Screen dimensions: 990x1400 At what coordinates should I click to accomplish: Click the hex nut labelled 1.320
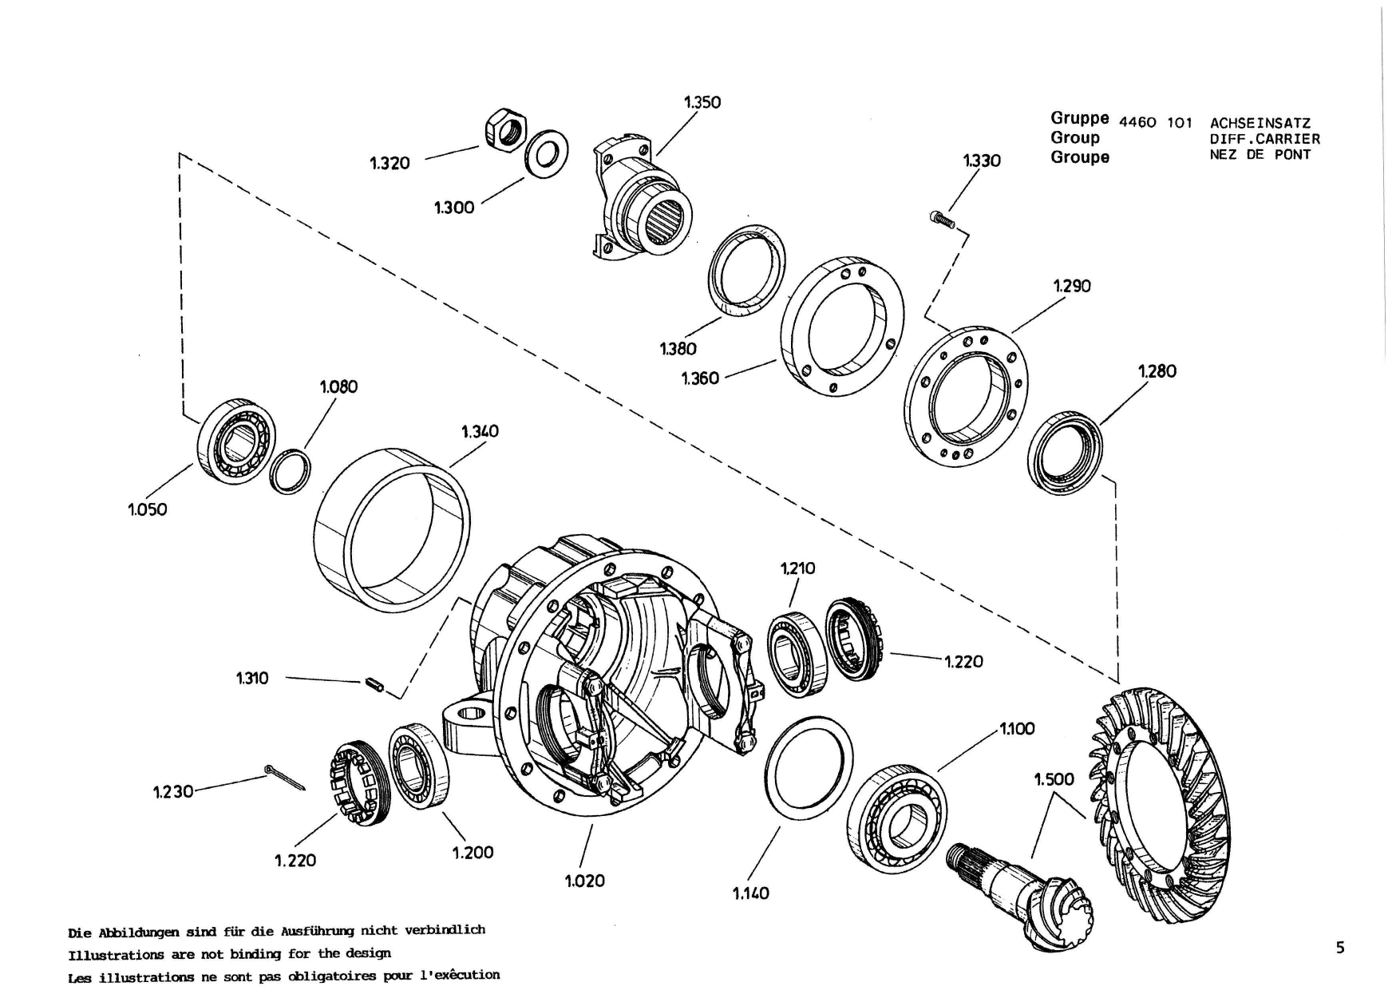pos(505,129)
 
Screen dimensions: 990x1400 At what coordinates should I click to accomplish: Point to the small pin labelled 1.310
pos(374,683)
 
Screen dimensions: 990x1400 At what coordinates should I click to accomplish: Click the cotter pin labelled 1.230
pos(284,778)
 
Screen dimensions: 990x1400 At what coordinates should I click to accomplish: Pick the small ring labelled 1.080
pos(289,472)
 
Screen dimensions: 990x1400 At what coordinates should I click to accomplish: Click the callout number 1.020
pos(585,881)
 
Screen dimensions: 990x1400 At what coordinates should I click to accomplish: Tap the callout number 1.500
pos(1054,778)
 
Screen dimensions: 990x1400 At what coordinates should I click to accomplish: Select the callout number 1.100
pos(1016,728)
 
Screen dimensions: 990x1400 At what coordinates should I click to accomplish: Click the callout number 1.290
pos(1072,286)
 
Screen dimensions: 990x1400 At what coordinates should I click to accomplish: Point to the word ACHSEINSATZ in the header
pos(1260,124)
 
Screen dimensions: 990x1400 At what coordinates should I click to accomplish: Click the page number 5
pos(1340,948)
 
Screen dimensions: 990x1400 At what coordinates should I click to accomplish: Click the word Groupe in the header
pos(1080,157)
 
